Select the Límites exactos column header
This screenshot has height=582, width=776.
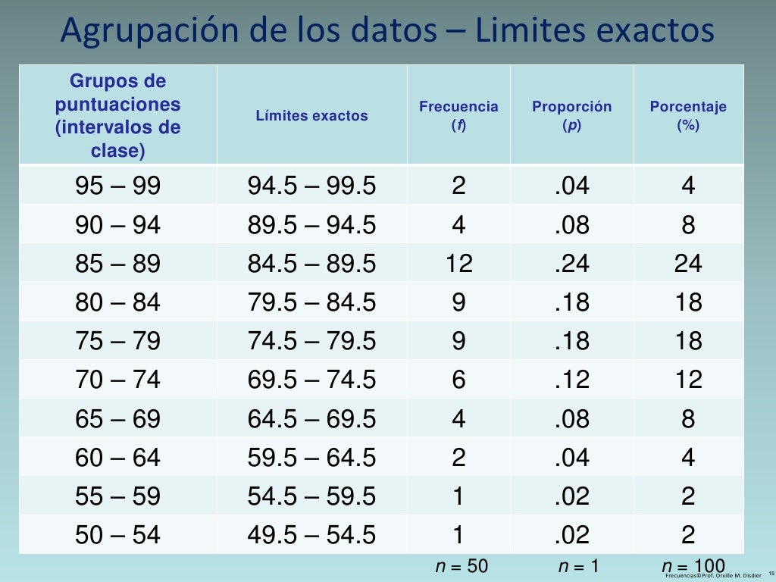click(x=311, y=116)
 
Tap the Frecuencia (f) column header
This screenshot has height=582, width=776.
click(x=458, y=115)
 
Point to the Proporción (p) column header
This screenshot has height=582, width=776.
click(x=571, y=115)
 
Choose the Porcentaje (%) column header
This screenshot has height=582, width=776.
click(x=688, y=115)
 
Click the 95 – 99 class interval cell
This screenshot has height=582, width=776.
click(x=118, y=186)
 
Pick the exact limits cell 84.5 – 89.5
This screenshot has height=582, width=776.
click(x=311, y=264)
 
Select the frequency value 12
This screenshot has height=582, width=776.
click(x=458, y=264)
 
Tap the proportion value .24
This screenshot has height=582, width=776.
click(x=571, y=264)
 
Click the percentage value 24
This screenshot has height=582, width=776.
click(x=688, y=264)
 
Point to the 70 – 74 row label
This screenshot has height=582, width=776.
click(x=118, y=380)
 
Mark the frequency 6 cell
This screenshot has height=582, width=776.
click(x=458, y=380)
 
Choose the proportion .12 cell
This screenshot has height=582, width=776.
click(x=571, y=380)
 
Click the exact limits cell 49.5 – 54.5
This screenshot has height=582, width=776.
click(x=311, y=535)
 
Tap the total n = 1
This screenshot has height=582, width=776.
click(x=578, y=566)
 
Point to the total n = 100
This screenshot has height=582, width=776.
click(x=693, y=565)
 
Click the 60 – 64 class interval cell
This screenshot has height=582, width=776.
click(x=118, y=457)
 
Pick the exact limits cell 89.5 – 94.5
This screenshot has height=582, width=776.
click(x=311, y=225)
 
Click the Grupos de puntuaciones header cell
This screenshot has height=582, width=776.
click(x=118, y=115)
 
